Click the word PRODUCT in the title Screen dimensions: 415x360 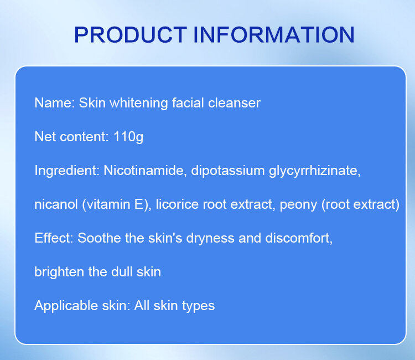pyautogui.click(x=131, y=34)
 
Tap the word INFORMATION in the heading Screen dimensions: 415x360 pyautogui.click(x=274, y=34)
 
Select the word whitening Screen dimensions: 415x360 pyautogui.click(x=139, y=104)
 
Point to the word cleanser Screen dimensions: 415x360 pyautogui.click(x=234, y=103)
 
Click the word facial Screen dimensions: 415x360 pyautogui.click(x=188, y=103)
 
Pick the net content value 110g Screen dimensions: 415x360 pyautogui.click(x=128, y=137)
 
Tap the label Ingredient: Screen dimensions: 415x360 pyautogui.click(x=67, y=171)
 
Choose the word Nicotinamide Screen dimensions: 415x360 pyautogui.click(x=145, y=171)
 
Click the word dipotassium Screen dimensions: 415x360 pyautogui.click(x=228, y=171)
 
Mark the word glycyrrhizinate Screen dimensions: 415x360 pyautogui.click(x=315, y=171)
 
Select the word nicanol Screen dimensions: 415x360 pyautogui.click(x=56, y=204)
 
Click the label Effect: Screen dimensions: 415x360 pyautogui.click(x=54, y=238)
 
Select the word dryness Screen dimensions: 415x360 pyautogui.click(x=210, y=238)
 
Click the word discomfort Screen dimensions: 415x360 pyautogui.click(x=299, y=238)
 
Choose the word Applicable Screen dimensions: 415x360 pyautogui.click(x=66, y=306)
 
